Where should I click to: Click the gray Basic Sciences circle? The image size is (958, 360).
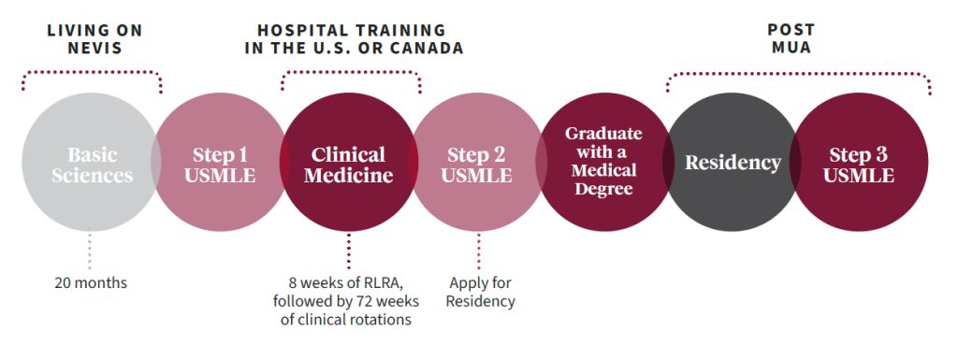click(91, 164)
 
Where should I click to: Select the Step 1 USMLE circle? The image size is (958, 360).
click(223, 164)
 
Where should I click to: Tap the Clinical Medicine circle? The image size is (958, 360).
click(348, 164)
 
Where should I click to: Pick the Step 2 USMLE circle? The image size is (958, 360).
click(478, 164)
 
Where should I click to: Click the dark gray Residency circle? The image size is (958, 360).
click(733, 163)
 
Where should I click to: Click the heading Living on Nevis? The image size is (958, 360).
click(95, 38)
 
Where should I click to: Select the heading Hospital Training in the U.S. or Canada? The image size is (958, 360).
click(353, 38)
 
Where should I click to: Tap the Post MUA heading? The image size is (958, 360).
click(791, 38)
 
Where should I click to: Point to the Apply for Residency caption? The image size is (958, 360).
click(480, 291)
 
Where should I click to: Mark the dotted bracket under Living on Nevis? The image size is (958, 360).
click(92, 71)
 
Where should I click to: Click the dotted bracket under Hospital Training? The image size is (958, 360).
click(351, 71)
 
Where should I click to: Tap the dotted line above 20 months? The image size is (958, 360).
click(91, 251)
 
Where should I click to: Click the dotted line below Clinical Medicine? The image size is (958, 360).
click(349, 251)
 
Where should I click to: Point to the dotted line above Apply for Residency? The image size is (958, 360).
click(479, 251)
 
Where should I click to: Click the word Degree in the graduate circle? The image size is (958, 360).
click(603, 189)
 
